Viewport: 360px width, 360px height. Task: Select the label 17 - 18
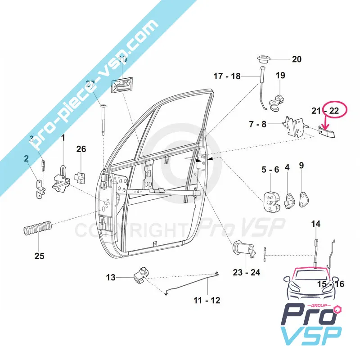227,76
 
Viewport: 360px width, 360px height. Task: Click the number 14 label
316,224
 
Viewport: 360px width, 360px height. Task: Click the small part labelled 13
142,274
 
